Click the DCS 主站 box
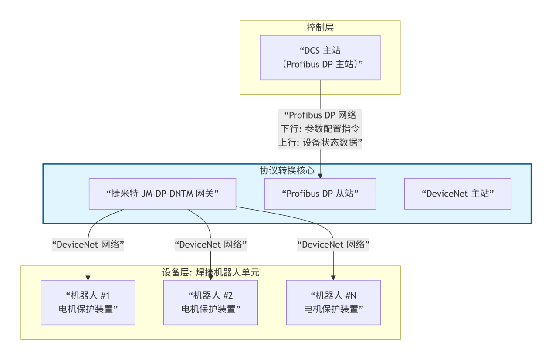320,57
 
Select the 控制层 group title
320,28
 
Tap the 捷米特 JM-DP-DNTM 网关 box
162,194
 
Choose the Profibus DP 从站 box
320,194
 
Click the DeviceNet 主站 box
457,194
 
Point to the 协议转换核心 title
287,170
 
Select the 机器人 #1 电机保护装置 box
88,302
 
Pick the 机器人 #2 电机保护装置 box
210,302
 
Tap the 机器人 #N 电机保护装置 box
333,302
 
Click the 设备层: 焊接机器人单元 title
210,273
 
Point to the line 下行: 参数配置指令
320,129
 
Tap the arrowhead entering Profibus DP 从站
320,176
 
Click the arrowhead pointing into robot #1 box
88,278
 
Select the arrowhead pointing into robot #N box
333,278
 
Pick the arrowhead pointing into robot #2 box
210,278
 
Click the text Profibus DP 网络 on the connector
320,115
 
